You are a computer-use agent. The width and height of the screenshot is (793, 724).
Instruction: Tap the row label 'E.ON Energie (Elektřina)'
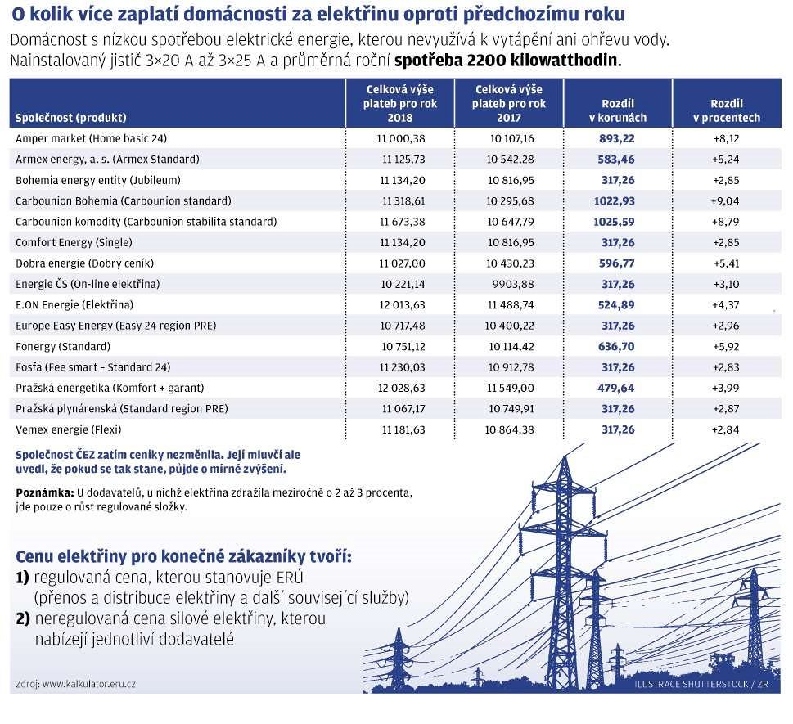[x=74, y=305]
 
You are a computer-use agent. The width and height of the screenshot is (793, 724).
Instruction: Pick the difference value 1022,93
[x=616, y=201]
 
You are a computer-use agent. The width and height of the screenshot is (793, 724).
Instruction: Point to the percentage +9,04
[x=726, y=201]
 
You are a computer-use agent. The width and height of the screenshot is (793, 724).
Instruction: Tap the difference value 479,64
[x=617, y=388]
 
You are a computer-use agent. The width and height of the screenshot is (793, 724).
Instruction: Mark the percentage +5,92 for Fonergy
[x=726, y=346]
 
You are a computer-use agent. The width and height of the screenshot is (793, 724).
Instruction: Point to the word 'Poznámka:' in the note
[x=45, y=492]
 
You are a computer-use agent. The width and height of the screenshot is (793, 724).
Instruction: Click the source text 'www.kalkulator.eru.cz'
[x=88, y=683]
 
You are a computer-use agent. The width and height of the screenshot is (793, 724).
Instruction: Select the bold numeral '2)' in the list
[x=23, y=619]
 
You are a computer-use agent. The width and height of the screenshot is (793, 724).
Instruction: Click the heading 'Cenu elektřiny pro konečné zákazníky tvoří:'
[x=184, y=557]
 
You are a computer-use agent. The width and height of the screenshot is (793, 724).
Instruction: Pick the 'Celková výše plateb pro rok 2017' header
[x=508, y=104]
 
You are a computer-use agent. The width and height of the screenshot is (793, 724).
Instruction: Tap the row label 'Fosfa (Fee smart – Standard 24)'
[x=93, y=367]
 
